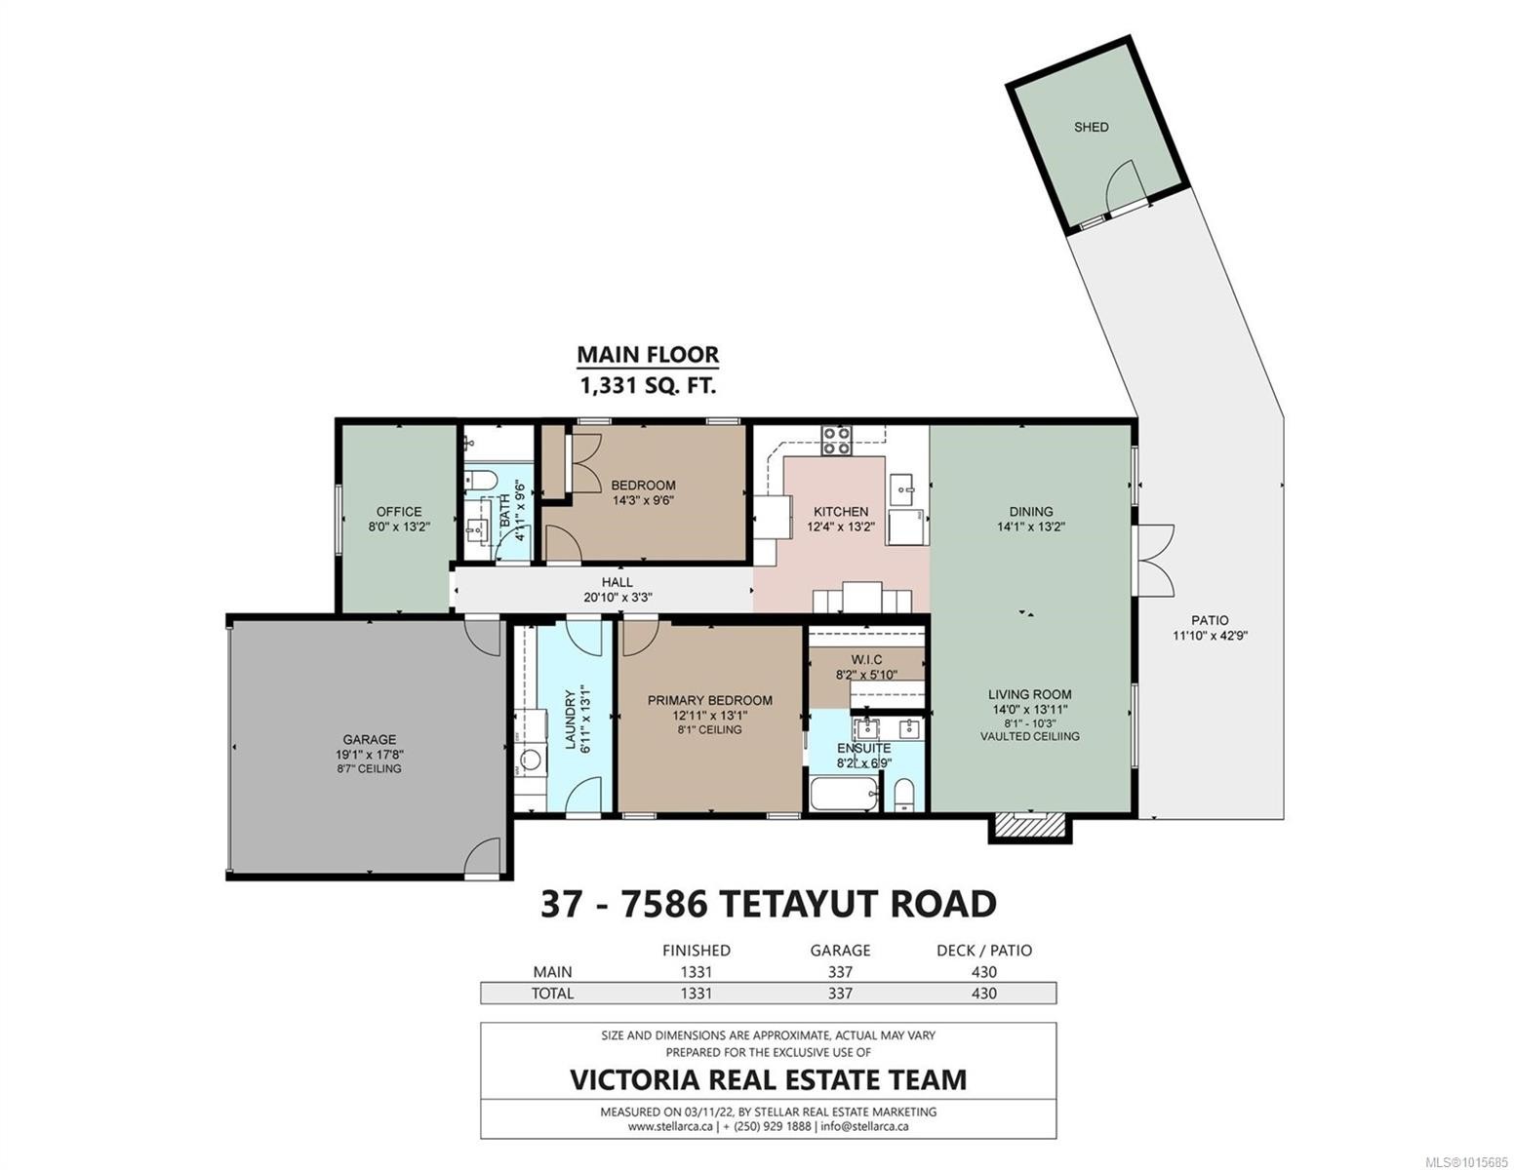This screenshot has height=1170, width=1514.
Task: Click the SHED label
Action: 1091,127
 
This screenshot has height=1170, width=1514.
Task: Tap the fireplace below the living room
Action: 1030,827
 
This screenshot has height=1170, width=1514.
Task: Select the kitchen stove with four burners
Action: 836,442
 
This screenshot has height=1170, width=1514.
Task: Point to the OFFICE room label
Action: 399,511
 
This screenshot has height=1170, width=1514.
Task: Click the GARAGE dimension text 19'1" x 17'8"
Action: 369,754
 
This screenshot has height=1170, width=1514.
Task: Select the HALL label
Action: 617,582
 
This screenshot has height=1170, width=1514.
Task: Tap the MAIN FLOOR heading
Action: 648,355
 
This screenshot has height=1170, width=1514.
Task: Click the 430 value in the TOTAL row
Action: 983,994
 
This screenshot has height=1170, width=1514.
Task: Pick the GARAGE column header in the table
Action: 840,950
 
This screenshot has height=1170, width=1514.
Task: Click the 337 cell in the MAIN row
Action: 840,972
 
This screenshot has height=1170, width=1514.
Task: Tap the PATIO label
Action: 1210,620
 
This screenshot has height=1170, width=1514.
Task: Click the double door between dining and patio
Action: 1152,559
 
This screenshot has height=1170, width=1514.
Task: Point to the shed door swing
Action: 1122,183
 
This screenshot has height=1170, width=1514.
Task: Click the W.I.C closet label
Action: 865,660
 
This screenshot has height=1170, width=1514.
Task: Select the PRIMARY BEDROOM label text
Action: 710,700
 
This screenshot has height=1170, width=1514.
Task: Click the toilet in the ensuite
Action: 904,794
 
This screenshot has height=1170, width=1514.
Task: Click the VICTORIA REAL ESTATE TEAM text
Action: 768,1080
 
